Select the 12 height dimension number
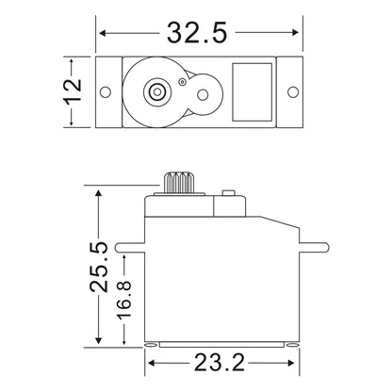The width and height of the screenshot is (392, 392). point(75,91)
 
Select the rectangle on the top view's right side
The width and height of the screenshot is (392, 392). point(251,91)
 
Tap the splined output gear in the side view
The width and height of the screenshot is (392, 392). point(178,181)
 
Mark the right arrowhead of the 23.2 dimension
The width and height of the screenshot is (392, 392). point(294,360)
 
